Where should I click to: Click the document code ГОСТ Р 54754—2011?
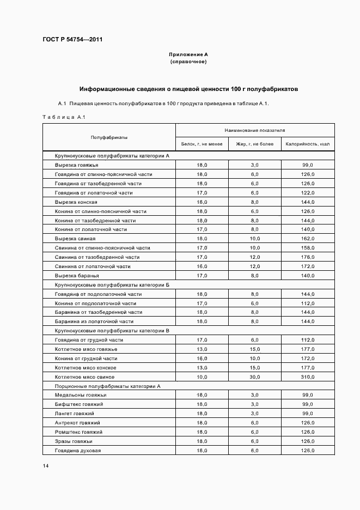72,40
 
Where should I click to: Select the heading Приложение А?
188,54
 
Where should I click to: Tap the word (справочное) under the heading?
188,62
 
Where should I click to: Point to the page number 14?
46,466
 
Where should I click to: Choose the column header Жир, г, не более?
254,144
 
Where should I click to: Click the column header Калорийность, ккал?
308,144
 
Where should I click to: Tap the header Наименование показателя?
255,131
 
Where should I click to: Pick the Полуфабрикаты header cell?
109,137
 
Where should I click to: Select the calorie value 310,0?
308,377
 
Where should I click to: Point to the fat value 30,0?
254,377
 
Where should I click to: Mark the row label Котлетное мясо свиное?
85,377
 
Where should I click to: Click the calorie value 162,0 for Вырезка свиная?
308,239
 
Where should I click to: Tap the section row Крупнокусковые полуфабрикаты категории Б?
112,284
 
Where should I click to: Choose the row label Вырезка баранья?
76,276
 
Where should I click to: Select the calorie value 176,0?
308,257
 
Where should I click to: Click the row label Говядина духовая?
78,451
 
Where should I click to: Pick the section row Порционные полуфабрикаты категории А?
108,386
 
